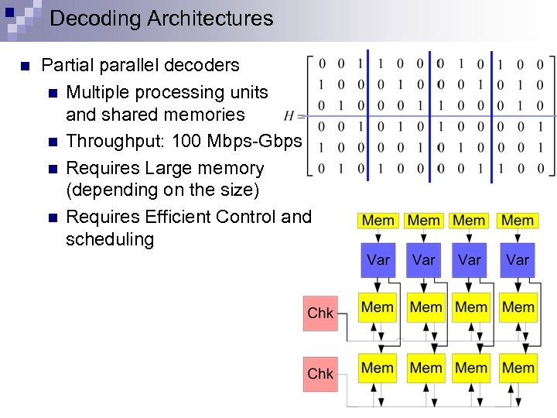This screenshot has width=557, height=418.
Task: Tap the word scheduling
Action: click(110, 239)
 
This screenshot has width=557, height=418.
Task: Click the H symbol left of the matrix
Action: click(290, 116)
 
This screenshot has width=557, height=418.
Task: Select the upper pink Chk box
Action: click(320, 313)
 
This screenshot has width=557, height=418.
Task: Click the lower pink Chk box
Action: click(320, 373)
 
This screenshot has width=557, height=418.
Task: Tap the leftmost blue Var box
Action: click(378, 259)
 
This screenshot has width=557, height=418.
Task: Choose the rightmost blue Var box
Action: click(517, 259)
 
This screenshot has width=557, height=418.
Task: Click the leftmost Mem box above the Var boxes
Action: click(378, 221)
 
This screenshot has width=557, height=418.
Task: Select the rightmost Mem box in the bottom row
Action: click(518, 368)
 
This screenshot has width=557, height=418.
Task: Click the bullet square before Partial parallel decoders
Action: click(26, 66)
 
